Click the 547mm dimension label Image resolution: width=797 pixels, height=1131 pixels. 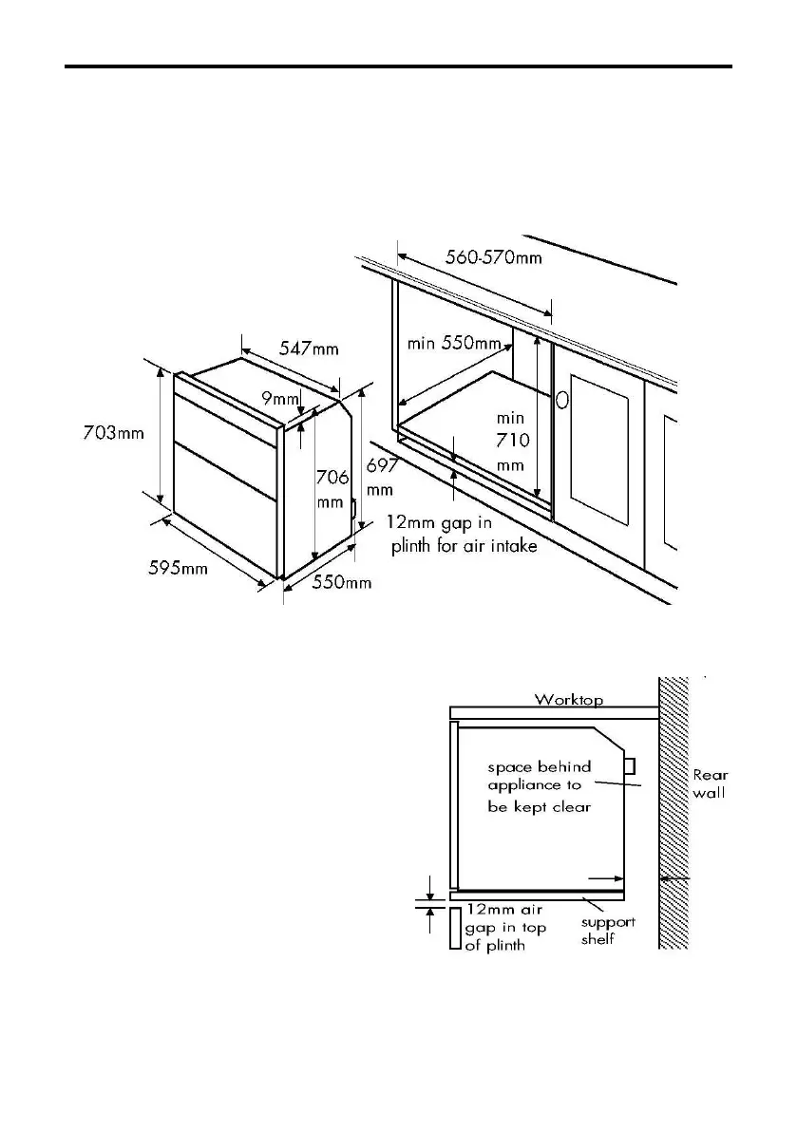tap(308, 349)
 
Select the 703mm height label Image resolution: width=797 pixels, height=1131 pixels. tap(113, 433)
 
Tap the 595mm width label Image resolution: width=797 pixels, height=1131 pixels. tap(179, 568)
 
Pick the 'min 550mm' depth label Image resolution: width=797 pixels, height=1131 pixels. tap(454, 344)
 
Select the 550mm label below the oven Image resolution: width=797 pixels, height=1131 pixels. tap(342, 582)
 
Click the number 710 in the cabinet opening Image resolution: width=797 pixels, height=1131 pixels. tap(510, 441)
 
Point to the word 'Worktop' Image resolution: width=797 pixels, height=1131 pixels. tap(569, 700)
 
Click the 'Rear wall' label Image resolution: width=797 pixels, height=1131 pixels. tap(711, 783)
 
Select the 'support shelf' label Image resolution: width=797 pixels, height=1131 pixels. tap(608, 930)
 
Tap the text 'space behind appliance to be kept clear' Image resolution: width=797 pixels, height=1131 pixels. tap(540, 786)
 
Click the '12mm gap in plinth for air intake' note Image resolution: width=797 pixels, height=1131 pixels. tap(464, 534)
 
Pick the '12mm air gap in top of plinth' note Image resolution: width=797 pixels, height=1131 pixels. tap(505, 928)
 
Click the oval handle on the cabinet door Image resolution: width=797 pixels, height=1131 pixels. tap(562, 401)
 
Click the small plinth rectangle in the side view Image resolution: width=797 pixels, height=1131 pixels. tap(455, 928)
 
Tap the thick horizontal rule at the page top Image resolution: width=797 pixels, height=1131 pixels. tap(399, 67)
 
